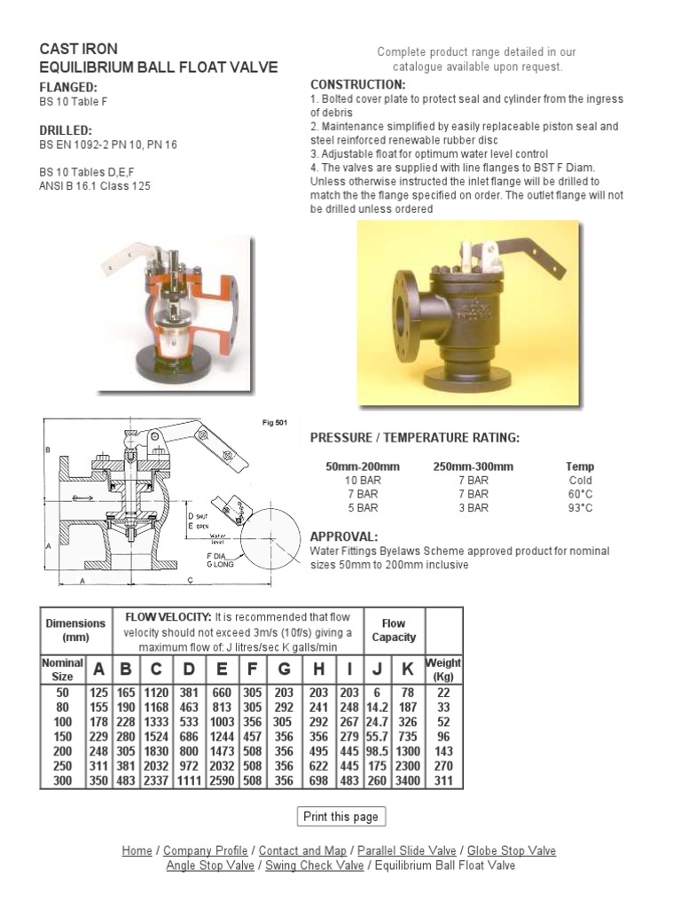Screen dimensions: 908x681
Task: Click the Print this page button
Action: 340,817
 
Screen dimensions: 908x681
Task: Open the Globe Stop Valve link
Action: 512,850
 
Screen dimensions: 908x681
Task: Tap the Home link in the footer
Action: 137,850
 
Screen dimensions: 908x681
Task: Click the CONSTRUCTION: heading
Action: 357,83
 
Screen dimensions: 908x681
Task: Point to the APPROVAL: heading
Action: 344,536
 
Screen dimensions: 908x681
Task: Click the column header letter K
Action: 409,669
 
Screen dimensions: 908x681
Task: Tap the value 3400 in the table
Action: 409,782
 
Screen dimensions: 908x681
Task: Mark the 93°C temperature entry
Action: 580,508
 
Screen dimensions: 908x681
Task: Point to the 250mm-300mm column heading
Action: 473,466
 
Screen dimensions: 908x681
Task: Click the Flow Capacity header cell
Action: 393,630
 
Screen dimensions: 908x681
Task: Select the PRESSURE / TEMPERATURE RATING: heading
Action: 414,438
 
